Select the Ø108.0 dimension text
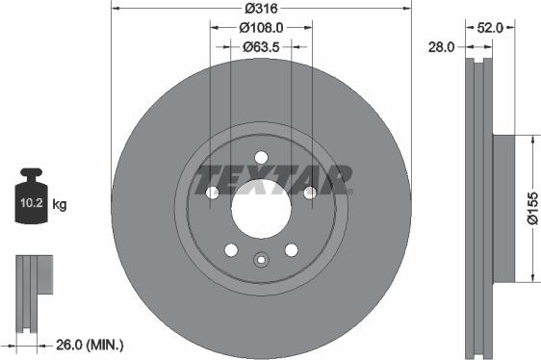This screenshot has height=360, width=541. pos(261,28)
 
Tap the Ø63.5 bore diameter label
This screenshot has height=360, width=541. pos(260,46)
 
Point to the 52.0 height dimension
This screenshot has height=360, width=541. pos(490,28)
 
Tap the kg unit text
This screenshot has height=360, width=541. pos(60,204)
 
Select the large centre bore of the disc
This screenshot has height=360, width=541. pos(260,205)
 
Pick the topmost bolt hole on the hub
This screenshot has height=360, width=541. pos(261,158)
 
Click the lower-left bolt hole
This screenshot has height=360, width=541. pos(231,250)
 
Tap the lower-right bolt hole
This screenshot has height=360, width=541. pos(290,250)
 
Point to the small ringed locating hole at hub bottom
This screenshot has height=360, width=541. pos(261,258)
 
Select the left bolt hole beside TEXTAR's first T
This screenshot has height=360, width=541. pos(212,193)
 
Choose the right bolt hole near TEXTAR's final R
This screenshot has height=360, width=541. pos(310,193)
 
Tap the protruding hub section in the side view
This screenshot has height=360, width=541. pos(504,209)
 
